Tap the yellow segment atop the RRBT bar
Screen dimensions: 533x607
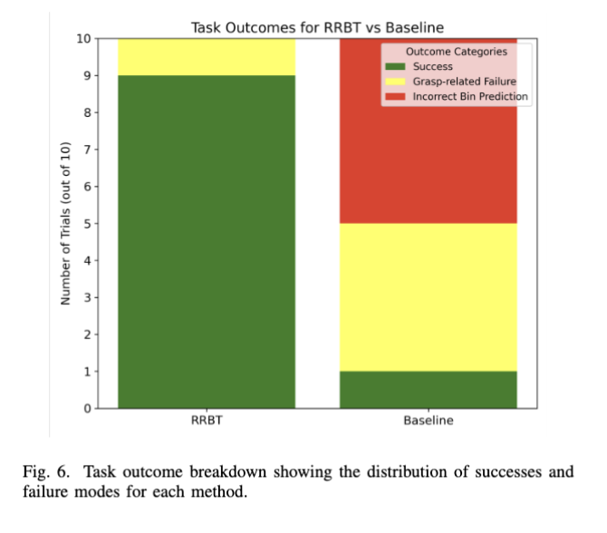point(207,57)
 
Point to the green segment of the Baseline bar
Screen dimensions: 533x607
point(428,390)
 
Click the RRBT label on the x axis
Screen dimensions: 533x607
point(207,422)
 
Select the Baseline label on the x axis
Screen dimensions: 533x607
point(428,422)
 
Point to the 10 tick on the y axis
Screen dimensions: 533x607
point(83,39)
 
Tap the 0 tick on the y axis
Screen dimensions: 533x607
point(86,409)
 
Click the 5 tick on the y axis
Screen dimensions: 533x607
point(86,224)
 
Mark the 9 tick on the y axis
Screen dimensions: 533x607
point(86,76)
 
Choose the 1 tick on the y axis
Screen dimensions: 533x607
point(86,372)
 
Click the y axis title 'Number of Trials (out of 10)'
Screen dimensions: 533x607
point(65,223)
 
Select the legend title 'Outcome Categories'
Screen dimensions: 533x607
point(457,52)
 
